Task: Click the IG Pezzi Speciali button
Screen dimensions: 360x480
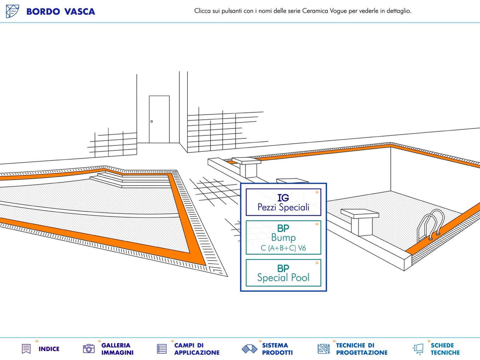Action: pos(283,202)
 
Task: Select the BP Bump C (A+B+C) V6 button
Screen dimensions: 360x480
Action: pos(283,238)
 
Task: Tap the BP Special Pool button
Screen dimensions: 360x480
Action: pos(283,273)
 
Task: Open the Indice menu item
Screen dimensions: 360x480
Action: pos(49,349)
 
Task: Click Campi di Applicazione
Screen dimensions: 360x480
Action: pos(197,349)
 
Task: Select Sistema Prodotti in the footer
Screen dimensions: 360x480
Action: pos(277,349)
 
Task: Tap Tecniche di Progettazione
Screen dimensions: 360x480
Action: pos(361,349)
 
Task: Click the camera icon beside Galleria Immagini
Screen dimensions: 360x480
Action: pos(89,349)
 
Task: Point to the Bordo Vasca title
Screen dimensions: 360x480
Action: pos(61,12)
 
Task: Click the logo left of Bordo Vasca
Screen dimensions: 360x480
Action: pos(12,11)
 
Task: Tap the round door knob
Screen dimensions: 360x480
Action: pos(152,121)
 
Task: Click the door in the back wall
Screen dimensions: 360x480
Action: pos(159,119)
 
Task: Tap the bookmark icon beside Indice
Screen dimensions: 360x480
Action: pos(26,349)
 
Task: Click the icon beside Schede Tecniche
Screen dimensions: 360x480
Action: pos(418,349)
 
